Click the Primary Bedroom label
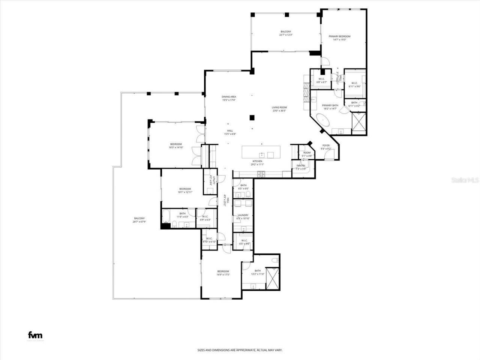pos(339,38)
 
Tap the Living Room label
pos(279,109)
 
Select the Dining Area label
pos(228,98)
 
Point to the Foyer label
pos(326,147)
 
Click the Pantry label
pos(301,167)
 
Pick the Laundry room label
pos(243,217)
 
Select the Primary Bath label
pos(330,107)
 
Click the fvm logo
pos(36,335)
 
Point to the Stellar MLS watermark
pos(465,180)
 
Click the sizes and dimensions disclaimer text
pos(240,350)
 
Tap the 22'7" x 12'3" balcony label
pos(285,33)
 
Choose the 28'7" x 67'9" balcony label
pos(139,220)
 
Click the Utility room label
pos(211,181)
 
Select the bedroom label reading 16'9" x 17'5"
pos(223,273)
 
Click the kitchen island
pos(261,152)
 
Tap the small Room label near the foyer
pos(307,154)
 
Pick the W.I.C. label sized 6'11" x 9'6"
pos(355,85)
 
